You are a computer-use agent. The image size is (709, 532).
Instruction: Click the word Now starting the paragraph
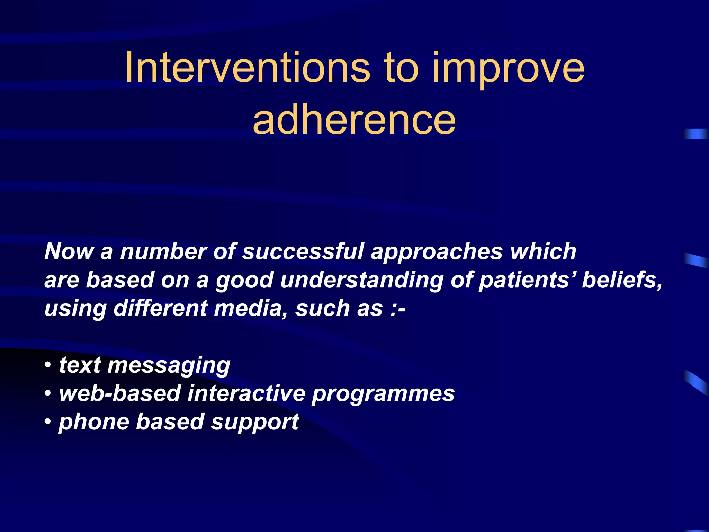69,251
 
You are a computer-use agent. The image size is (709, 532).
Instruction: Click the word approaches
437,251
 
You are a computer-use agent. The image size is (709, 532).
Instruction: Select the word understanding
362,280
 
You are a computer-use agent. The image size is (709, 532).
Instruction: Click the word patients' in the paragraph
526,280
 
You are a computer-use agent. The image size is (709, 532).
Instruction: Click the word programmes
383,394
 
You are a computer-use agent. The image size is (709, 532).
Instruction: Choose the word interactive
246,394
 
